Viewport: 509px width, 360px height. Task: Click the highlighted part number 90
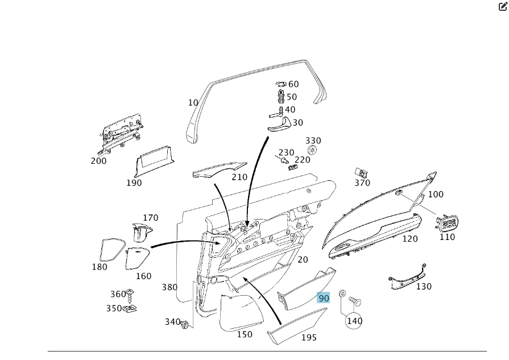point(324,298)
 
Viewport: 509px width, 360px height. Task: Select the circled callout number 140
point(354,321)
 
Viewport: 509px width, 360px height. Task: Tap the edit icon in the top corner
point(503,7)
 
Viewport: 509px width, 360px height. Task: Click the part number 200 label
point(98,161)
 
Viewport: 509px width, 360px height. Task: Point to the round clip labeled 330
point(312,150)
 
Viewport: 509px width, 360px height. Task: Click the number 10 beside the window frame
point(193,103)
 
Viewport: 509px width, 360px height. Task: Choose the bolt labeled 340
point(185,324)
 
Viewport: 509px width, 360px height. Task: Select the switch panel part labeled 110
point(447,222)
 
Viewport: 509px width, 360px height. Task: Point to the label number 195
point(309,338)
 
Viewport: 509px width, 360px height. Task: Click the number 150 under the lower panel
point(245,334)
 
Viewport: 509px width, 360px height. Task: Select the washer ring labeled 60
point(282,85)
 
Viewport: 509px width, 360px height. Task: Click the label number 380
point(169,288)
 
